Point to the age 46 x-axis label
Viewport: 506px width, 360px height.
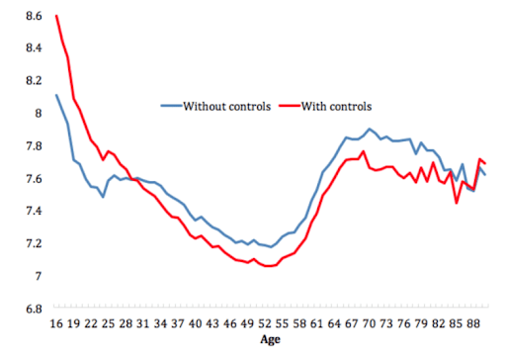coord(228,321)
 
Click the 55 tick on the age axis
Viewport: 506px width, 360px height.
coord(280,321)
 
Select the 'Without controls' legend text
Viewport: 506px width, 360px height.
coord(226,105)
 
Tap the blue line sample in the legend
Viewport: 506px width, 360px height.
coord(170,105)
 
